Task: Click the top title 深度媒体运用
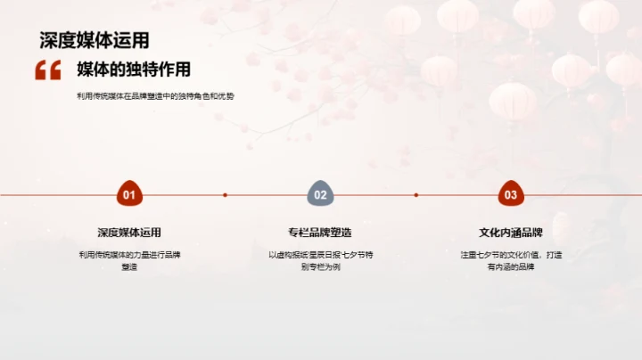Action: (x=95, y=40)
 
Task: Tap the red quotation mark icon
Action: (x=48, y=70)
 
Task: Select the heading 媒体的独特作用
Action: (x=134, y=70)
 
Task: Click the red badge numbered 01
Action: (x=129, y=194)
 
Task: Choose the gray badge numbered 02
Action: (x=320, y=194)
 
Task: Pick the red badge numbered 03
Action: (x=511, y=194)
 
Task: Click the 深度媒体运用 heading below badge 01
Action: (x=129, y=233)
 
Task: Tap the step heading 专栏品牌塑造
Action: (x=320, y=233)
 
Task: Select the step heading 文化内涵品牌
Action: (x=511, y=233)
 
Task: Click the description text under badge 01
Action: (x=129, y=260)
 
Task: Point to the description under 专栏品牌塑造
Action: (x=320, y=260)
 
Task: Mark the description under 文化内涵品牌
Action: (x=511, y=260)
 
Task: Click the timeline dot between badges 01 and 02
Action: (x=225, y=194)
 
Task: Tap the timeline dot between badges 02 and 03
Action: (x=416, y=194)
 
